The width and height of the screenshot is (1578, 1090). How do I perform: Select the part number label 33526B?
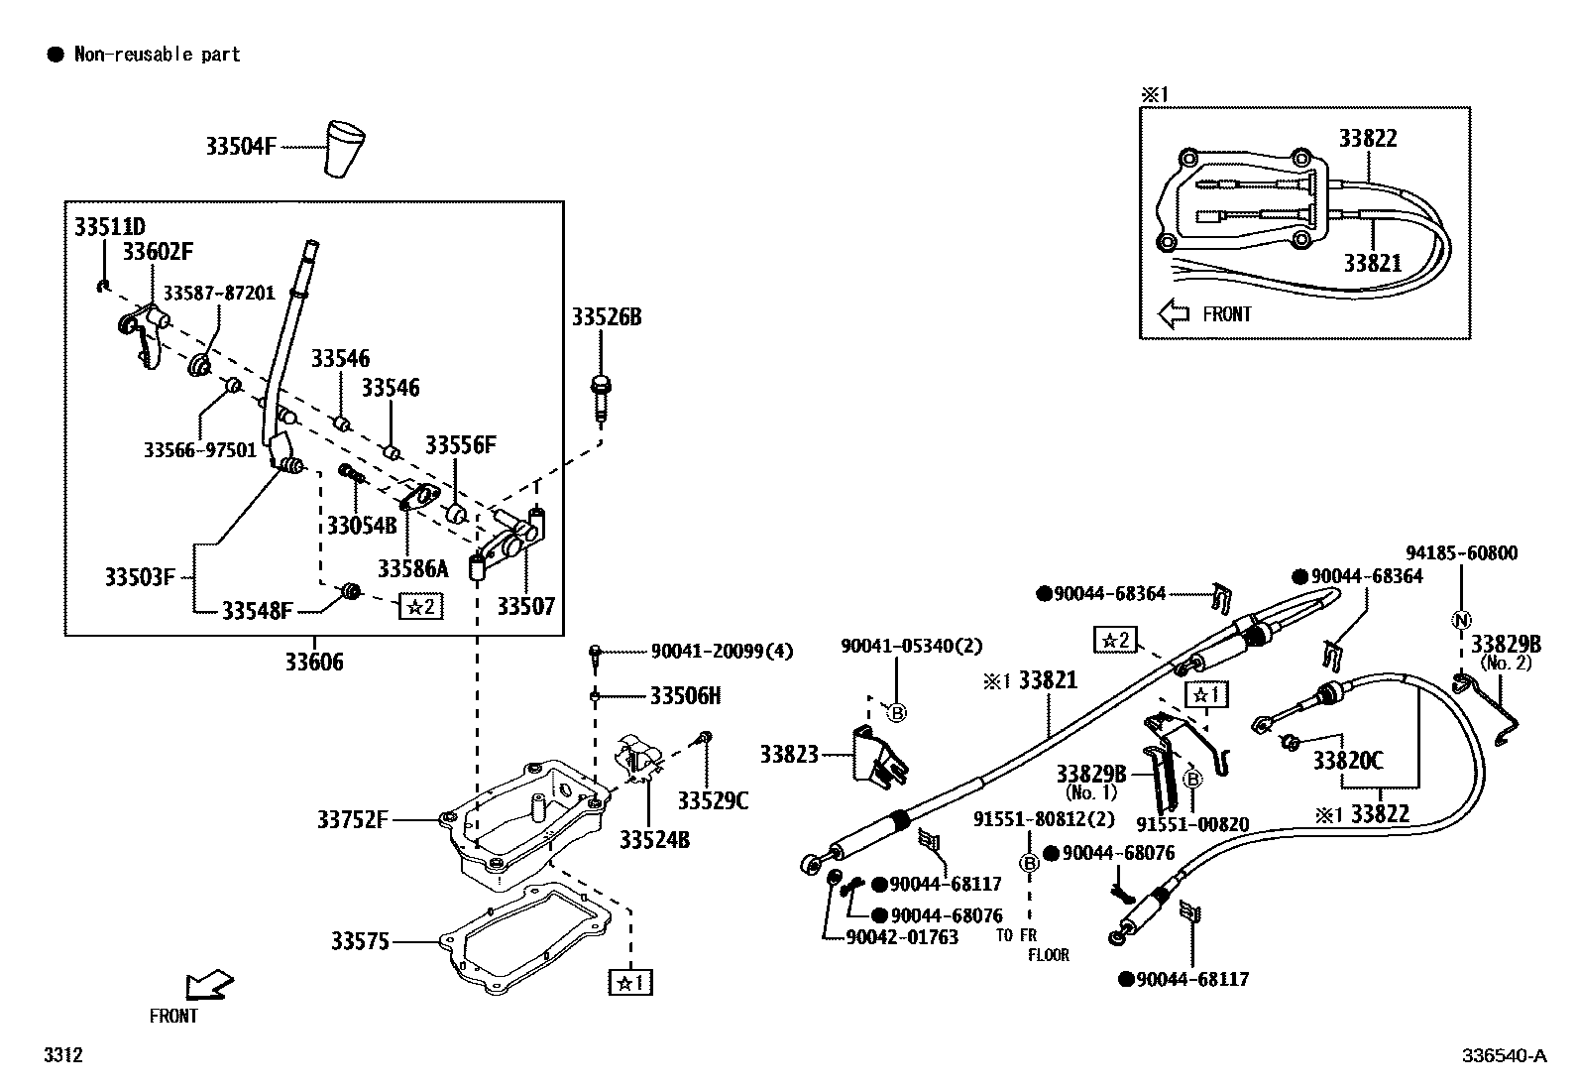tap(606, 317)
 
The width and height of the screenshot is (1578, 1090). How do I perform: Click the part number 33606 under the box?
tap(314, 662)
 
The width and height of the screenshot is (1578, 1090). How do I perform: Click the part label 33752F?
tap(353, 820)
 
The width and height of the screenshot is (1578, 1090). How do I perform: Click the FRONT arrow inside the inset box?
tap(1175, 314)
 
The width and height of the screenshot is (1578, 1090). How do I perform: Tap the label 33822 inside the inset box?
tap(1368, 138)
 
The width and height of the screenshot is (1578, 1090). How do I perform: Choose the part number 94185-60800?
tap(1461, 553)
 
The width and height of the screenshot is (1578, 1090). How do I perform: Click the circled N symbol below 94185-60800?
tap(1461, 620)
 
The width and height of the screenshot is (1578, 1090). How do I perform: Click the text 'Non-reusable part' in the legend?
tap(158, 55)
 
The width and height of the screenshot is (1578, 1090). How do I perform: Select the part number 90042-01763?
tap(902, 937)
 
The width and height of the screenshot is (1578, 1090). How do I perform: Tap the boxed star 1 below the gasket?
tap(630, 982)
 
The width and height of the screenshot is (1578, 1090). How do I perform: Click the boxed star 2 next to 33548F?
tap(420, 606)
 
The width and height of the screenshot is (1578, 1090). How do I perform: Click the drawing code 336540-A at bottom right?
tap(1504, 1056)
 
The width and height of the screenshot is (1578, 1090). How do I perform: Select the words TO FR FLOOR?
tap(1035, 944)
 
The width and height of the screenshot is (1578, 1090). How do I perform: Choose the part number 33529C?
tap(713, 799)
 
